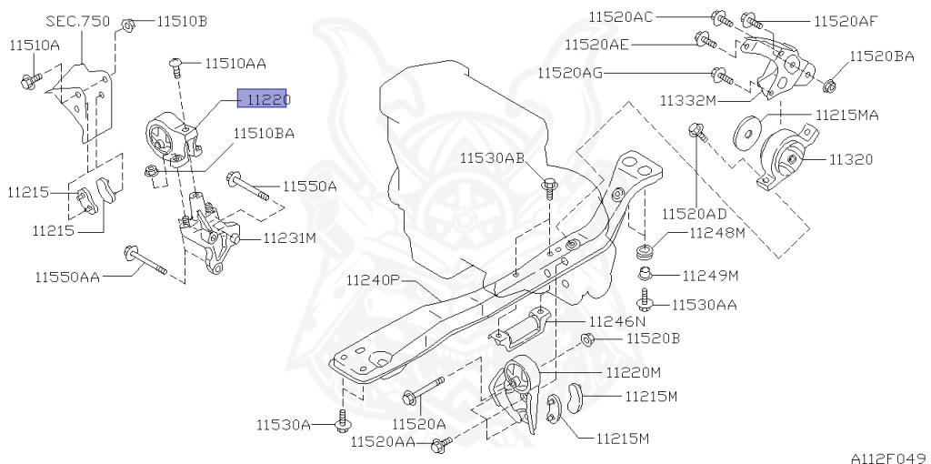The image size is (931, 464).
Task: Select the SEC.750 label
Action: (x=72, y=19)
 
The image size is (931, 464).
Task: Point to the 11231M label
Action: (x=289, y=238)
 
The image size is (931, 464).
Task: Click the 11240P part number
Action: (x=373, y=280)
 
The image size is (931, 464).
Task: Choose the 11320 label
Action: (x=850, y=159)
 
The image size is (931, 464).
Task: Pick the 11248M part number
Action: (x=716, y=233)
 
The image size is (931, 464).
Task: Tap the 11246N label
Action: (x=616, y=320)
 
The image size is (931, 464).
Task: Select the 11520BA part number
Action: (x=882, y=55)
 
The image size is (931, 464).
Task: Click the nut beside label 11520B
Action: (x=587, y=339)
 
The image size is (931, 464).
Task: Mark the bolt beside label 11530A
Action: (x=343, y=420)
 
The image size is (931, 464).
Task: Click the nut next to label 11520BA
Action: (x=828, y=86)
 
